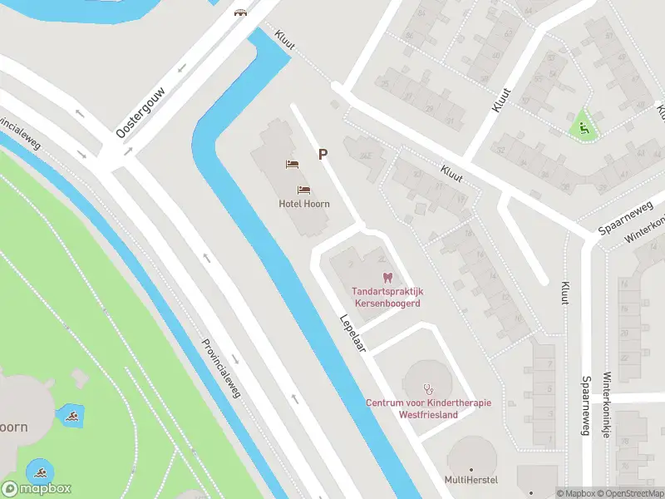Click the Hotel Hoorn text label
click(304, 204)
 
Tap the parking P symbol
click(322, 154)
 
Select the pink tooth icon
click(386, 277)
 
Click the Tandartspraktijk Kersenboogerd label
click(387, 298)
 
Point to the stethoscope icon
click(429, 388)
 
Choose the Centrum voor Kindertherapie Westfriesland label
click(428, 408)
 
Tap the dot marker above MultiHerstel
click(471, 468)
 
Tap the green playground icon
click(584, 128)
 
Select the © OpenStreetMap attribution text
click(633, 493)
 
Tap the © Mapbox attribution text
click(577, 493)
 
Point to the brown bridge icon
click(241, 12)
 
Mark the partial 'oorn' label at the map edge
click(13, 427)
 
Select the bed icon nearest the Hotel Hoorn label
click(303, 190)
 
